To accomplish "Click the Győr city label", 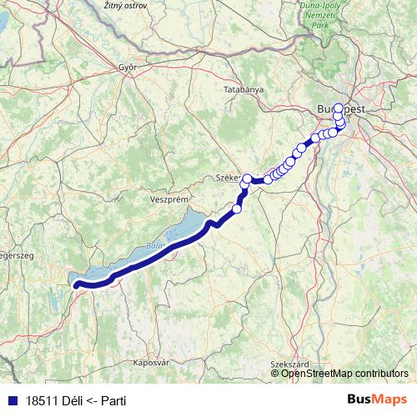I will coord(128,66).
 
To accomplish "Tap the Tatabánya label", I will coord(244,88).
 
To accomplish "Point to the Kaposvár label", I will coord(151,363).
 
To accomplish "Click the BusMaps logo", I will coord(377,399).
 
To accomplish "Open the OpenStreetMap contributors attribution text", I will coord(344,373).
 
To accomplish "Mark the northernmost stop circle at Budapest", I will coord(338,108).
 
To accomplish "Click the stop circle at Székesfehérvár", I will coord(247,178).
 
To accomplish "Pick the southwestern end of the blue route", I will coord(77,286).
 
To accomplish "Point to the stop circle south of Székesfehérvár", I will coord(236,208).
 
